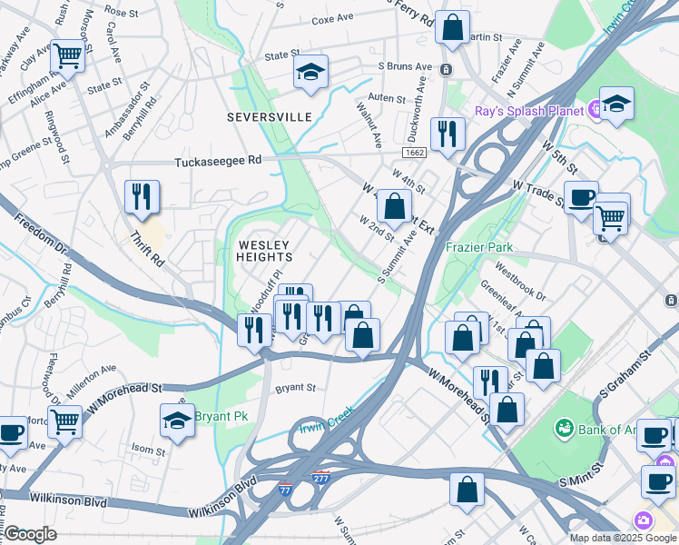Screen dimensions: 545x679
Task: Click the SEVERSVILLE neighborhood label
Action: pyautogui.click(x=269, y=117)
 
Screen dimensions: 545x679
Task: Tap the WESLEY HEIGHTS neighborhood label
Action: pyautogui.click(x=264, y=252)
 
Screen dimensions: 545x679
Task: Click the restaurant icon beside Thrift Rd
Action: pyautogui.click(x=142, y=197)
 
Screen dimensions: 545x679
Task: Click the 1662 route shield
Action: pyautogui.click(x=416, y=154)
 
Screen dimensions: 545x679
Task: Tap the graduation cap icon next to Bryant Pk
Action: pyautogui.click(x=177, y=421)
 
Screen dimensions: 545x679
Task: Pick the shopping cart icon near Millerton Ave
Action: pyautogui.click(x=65, y=421)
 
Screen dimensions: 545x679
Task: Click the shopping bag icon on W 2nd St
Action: pyautogui.click(x=394, y=207)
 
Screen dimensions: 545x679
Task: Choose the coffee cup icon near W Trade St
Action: pyautogui.click(x=581, y=197)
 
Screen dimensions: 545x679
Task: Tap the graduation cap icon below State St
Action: pyautogui.click(x=310, y=72)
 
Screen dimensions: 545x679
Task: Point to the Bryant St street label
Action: pyautogui.click(x=295, y=387)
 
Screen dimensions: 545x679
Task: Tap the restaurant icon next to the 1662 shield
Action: pyautogui.click(x=447, y=134)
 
